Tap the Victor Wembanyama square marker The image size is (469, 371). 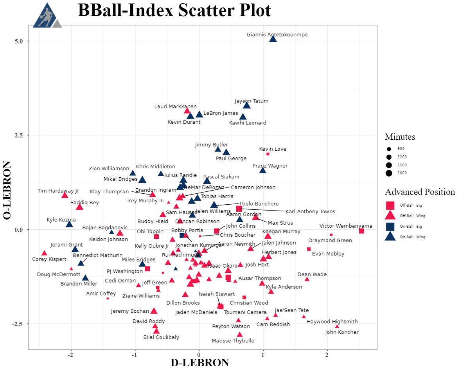point(361,231)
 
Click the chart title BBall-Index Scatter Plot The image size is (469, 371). point(174,11)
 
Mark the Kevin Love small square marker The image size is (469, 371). point(268,154)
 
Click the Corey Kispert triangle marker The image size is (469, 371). point(44,253)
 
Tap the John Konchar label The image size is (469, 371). point(341,333)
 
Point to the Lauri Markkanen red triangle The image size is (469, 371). point(187,111)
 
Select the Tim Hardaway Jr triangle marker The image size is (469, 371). point(65,195)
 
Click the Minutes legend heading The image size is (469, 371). point(400,137)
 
